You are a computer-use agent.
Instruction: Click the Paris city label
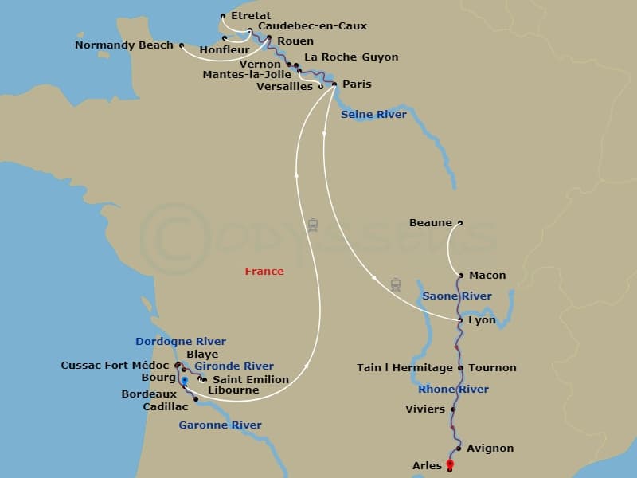click(x=357, y=84)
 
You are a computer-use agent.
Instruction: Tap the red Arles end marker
click(x=450, y=464)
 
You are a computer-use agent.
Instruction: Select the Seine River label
click(x=373, y=115)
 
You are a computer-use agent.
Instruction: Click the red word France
click(x=264, y=272)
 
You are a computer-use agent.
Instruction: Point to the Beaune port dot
click(x=460, y=223)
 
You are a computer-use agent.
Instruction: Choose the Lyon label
click(x=482, y=320)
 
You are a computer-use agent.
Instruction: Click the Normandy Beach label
click(x=123, y=45)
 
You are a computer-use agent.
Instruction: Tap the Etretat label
click(x=251, y=16)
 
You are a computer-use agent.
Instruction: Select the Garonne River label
click(x=220, y=425)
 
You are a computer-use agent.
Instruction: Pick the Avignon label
click(x=490, y=449)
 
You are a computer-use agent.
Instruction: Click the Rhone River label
click(x=453, y=390)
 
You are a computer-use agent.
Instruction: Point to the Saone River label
click(x=456, y=296)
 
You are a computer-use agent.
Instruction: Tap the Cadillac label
click(x=166, y=406)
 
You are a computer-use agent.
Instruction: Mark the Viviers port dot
click(x=453, y=409)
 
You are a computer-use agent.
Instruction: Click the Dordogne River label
click(x=181, y=342)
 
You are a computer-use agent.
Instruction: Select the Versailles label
click(x=284, y=87)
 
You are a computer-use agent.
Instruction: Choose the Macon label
click(x=487, y=276)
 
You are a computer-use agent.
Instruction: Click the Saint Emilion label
click(x=251, y=379)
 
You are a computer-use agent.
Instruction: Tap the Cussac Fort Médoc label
click(x=115, y=366)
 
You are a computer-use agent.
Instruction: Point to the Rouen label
click(x=295, y=41)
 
